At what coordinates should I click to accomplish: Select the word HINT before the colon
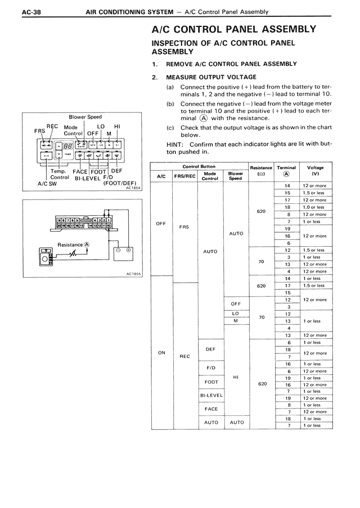(161, 144)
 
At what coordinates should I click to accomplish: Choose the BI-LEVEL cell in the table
(211, 395)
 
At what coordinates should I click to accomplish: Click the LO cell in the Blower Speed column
(236, 314)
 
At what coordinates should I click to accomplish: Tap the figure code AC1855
(133, 275)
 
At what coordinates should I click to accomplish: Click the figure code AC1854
(133, 188)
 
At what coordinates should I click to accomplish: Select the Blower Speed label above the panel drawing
(85, 117)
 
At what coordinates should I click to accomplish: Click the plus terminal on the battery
(128, 250)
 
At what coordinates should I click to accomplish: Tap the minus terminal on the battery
(118, 250)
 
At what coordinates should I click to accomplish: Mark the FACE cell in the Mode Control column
(211, 409)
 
